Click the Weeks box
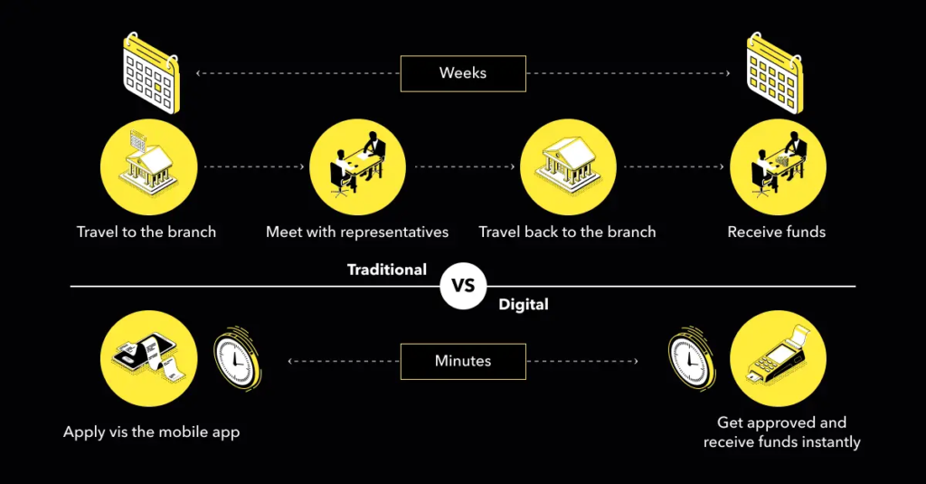(x=463, y=73)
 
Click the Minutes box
(x=463, y=361)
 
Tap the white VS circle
(x=463, y=286)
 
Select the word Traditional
(x=387, y=270)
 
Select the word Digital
(x=524, y=304)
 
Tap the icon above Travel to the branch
(x=149, y=167)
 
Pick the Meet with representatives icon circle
(x=358, y=167)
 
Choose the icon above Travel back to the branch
(x=568, y=167)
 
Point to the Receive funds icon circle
(x=778, y=167)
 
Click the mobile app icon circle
(x=149, y=359)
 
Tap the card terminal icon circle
(x=778, y=359)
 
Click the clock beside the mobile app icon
(x=237, y=358)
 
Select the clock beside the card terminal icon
(x=691, y=358)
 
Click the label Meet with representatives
(x=357, y=232)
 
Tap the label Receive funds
(x=777, y=232)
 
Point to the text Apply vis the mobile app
(x=152, y=432)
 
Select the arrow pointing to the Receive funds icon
(x=674, y=166)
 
